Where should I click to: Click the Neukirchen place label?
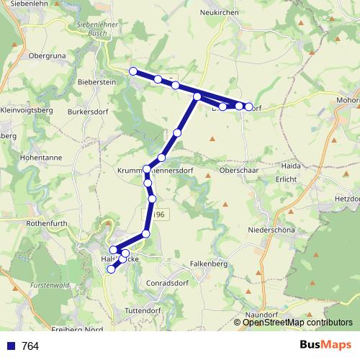(219, 12)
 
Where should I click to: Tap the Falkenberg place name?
(209, 264)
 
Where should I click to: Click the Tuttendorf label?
(144, 310)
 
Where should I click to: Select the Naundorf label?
(261, 315)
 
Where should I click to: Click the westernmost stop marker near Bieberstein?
(132, 71)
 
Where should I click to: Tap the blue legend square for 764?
(11, 346)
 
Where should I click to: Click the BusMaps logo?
(325, 345)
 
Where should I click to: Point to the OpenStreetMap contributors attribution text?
(297, 323)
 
